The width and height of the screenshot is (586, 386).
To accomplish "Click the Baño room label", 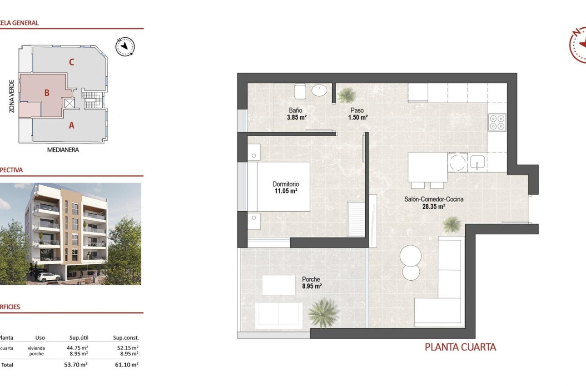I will coord(296,110).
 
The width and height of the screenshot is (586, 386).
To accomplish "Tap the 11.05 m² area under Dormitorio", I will coord(285,192).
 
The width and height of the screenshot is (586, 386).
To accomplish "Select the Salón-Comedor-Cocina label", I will coord(434,199).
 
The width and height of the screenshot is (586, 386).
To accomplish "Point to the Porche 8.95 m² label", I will coord(312,283).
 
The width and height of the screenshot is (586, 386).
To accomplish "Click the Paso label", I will coord(357,110).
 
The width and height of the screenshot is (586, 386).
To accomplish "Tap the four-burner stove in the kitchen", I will coord(497,122).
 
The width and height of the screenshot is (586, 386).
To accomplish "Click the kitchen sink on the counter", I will coord(477,162).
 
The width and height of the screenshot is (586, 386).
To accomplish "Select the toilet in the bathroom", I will coord(301,91).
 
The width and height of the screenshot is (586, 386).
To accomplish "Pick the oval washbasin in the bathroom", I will coord(319,91).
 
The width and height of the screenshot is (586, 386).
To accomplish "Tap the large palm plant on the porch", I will coord(323,312).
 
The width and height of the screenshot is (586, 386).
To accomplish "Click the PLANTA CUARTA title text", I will coord(460,347).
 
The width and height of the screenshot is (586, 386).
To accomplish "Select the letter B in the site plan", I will coord(46,93).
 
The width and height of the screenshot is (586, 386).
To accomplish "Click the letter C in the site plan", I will coord(71,63).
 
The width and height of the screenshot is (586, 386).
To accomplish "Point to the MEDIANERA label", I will coord(63,149).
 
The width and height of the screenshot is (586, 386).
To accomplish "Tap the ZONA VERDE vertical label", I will coord(11,96).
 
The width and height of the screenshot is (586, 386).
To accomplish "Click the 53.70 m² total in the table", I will coord(76,364).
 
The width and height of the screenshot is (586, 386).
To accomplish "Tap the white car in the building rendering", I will coord(49,277).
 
